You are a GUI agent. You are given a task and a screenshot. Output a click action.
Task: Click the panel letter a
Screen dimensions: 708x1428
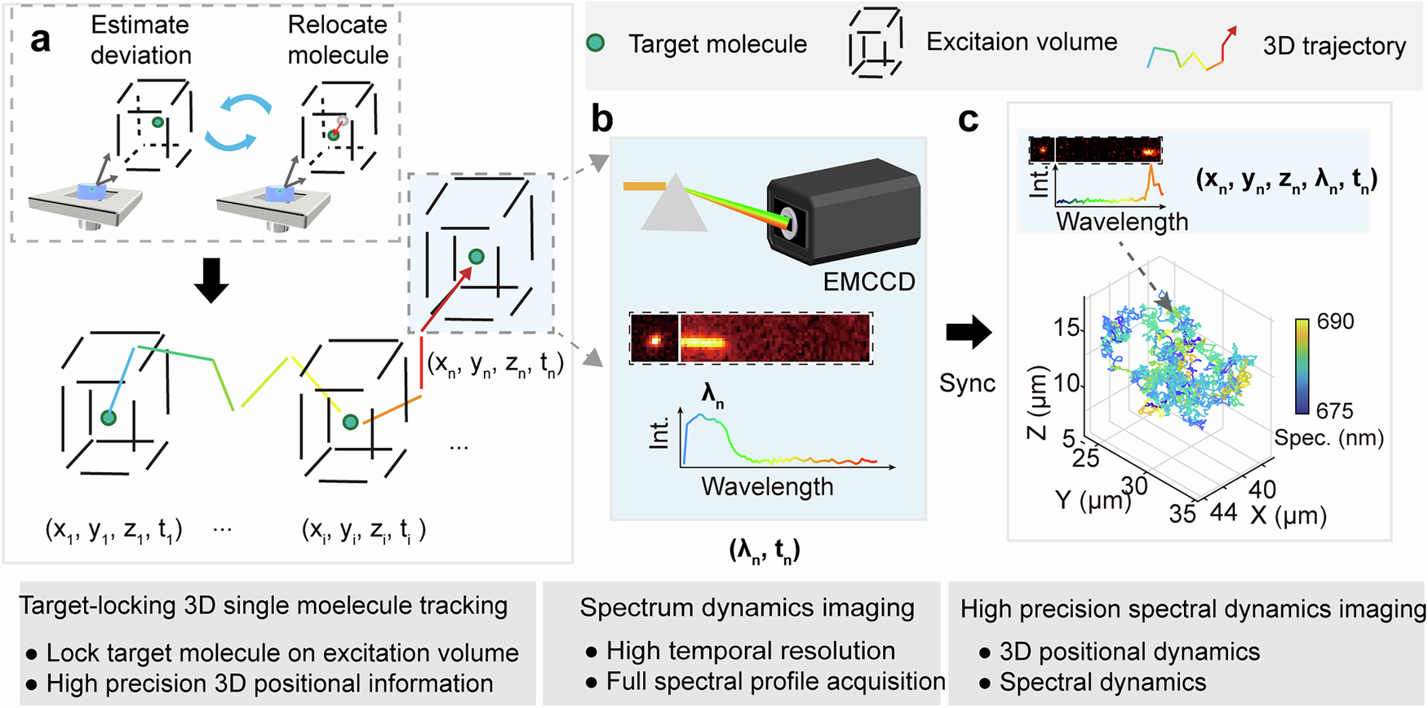click(x=39, y=39)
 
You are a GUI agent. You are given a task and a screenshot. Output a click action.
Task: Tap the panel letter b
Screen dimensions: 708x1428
click(x=602, y=120)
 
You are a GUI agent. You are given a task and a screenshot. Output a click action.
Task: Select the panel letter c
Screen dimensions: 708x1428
click(x=968, y=120)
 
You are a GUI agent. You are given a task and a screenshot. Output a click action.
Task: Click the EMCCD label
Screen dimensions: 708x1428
click(x=868, y=282)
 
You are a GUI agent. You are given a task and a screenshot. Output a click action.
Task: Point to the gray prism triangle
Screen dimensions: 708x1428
click(x=674, y=208)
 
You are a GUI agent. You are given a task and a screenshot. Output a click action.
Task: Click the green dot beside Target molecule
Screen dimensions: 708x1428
click(x=596, y=43)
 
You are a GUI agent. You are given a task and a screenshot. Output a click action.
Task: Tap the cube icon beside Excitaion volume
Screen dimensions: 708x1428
click(x=876, y=43)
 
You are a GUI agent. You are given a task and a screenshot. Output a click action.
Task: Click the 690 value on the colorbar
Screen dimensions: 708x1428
click(x=1335, y=322)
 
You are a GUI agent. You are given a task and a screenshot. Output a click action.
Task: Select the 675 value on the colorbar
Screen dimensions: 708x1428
click(x=1334, y=410)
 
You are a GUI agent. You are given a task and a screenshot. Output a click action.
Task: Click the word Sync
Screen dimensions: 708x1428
click(x=967, y=383)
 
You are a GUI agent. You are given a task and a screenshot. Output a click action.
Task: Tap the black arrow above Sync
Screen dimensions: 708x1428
click(x=969, y=332)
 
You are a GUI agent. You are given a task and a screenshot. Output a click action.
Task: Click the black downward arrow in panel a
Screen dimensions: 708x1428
click(x=211, y=281)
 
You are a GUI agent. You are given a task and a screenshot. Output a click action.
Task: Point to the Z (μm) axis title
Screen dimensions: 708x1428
click(x=1038, y=403)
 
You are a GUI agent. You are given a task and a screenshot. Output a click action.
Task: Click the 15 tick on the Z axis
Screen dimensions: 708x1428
click(x=1067, y=328)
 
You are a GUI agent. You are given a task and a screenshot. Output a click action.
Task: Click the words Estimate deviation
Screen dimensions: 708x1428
click(x=140, y=40)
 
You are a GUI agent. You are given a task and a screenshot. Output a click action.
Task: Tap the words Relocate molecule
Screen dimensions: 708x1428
click(x=338, y=40)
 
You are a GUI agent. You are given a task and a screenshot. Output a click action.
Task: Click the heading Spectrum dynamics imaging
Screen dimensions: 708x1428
click(x=747, y=608)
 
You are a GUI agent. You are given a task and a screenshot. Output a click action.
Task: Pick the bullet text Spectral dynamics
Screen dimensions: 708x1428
click(x=1102, y=682)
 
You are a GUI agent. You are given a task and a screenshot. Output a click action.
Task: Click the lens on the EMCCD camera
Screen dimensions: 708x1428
click(x=789, y=223)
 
